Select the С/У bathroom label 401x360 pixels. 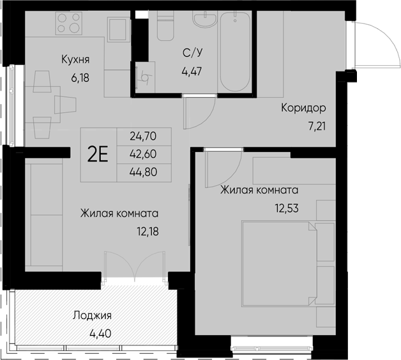click(x=192, y=53)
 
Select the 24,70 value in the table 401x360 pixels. click(x=142, y=136)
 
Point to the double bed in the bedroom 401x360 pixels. click(x=279, y=262)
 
